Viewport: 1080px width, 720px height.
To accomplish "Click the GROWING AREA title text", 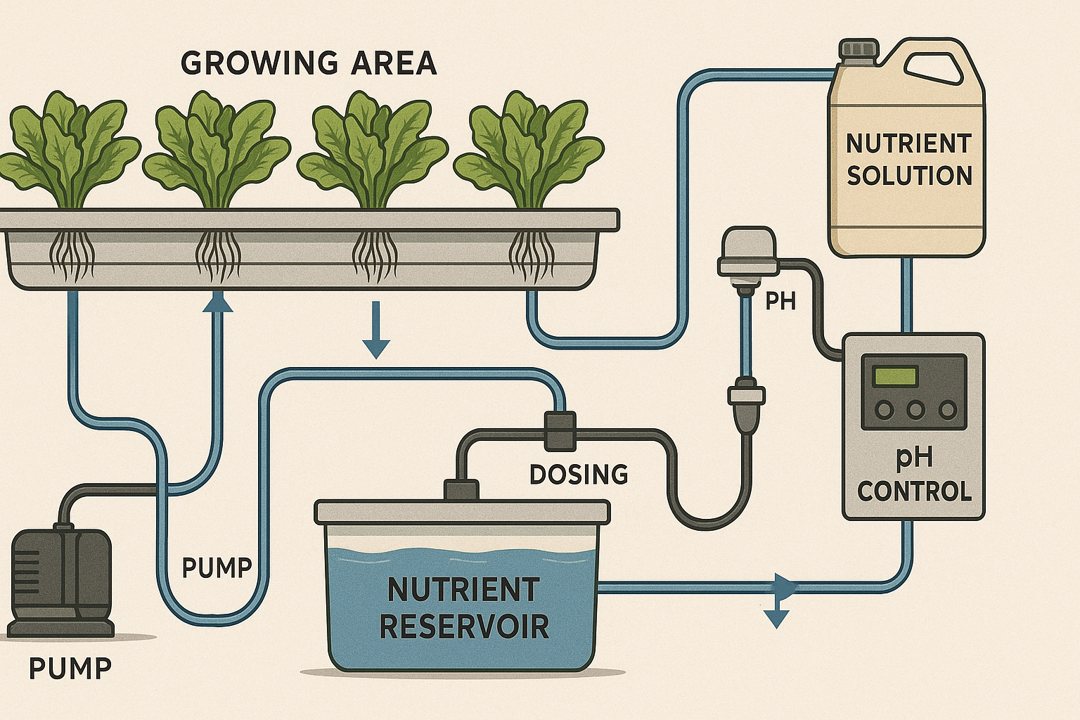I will coord(309,63).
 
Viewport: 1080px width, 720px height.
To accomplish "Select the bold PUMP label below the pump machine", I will coord(70,669).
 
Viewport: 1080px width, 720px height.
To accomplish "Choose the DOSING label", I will coord(578,475).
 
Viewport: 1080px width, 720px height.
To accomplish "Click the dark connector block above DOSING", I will coord(560,430).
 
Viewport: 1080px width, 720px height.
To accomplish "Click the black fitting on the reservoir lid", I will coord(461,490).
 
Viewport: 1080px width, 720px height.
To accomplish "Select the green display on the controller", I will coord(894,376).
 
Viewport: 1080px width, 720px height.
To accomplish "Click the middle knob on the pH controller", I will coord(915,410).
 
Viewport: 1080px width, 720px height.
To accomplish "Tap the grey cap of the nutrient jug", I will coord(859,49).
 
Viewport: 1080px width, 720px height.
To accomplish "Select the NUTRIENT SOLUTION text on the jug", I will coord(908,160).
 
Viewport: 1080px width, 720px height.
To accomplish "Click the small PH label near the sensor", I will coord(780,302).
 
